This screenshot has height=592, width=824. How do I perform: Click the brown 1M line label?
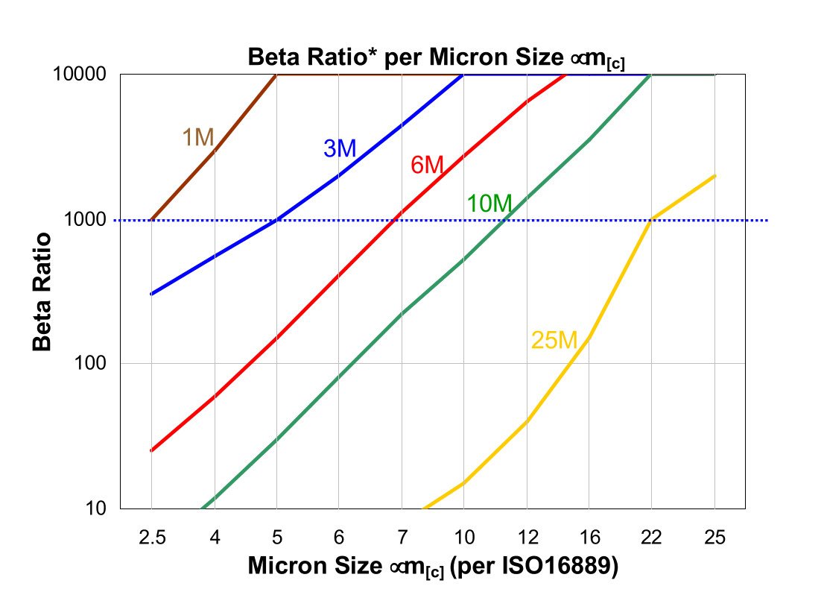click(x=198, y=137)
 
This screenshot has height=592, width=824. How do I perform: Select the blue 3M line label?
click(x=340, y=148)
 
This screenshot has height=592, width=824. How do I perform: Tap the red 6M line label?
click(x=427, y=165)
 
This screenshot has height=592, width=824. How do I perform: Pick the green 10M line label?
click(x=489, y=203)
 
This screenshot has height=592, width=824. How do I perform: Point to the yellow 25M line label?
click(x=554, y=341)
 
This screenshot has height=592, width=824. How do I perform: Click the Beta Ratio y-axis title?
click(x=43, y=292)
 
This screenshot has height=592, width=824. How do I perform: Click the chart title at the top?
click(x=436, y=57)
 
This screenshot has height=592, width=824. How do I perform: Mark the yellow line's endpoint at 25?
click(x=715, y=176)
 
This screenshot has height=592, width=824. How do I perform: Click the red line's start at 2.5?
click(x=151, y=450)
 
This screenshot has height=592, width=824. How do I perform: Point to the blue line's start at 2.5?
click(x=151, y=294)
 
